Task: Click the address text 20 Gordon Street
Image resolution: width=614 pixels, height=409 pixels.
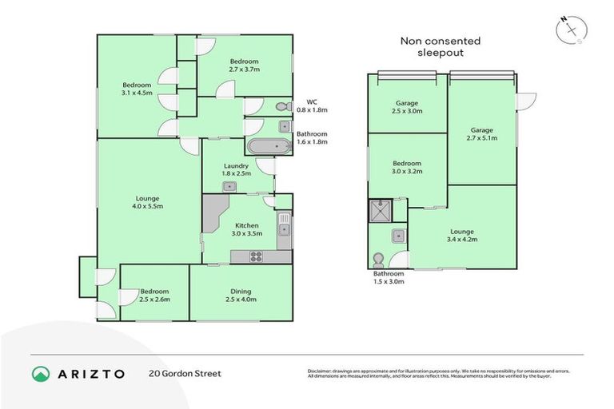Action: pos(185,373)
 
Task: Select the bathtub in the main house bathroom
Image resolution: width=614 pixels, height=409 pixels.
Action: pos(268,147)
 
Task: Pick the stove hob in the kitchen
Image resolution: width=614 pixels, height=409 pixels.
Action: pos(257,256)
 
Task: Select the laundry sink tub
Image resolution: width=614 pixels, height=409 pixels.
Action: pos(229,186)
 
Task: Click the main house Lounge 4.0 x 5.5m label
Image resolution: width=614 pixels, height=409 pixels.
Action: pos(147,203)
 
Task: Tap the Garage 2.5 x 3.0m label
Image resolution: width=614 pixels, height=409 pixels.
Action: pos(408,107)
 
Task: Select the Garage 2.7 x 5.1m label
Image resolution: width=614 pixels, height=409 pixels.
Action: pos(481,134)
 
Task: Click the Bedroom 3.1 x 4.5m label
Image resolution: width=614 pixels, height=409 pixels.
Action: pos(136,89)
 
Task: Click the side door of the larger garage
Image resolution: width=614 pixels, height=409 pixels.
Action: pos(524,101)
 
